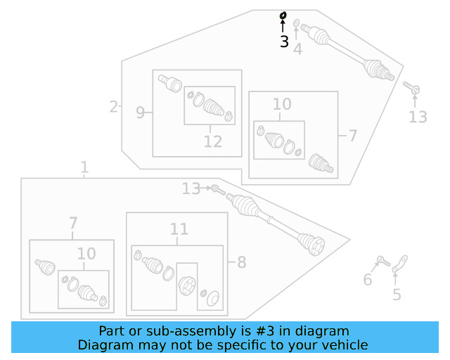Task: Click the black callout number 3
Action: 284,42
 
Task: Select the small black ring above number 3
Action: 283,15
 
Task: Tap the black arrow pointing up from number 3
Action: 283,27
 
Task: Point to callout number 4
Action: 298,49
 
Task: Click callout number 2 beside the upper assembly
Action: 114,107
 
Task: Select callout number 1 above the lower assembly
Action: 84,167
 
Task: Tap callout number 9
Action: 141,112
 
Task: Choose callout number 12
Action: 213,141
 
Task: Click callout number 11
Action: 179,229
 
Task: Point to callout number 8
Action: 241,263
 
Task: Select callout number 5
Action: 397,294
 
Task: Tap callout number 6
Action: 367,281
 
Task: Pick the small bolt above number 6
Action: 383,262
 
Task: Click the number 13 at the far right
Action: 418,117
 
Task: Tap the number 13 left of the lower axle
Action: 191,188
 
